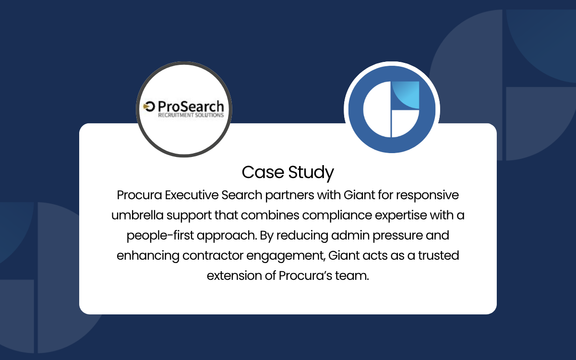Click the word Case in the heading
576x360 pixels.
(x=263, y=172)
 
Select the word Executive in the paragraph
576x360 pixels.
(x=192, y=195)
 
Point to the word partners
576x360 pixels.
(x=289, y=195)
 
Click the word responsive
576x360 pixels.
(x=427, y=195)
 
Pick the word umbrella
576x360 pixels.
(x=137, y=215)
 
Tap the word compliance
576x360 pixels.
(x=337, y=216)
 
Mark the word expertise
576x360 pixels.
(x=401, y=216)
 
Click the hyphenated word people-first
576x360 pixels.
(x=160, y=236)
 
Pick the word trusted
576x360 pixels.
(x=438, y=255)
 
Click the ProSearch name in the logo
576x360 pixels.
(x=191, y=106)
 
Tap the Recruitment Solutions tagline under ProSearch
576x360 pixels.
(x=191, y=115)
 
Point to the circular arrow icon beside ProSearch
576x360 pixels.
(x=149, y=107)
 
